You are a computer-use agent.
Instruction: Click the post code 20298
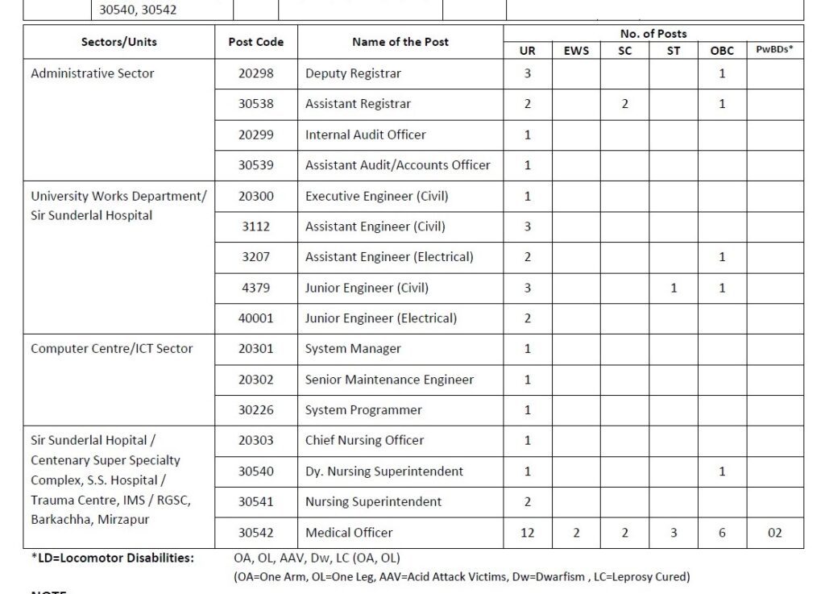tap(256, 73)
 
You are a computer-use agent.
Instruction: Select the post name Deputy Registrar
tap(353, 73)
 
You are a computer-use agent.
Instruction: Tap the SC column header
tap(625, 51)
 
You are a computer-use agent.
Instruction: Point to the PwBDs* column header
tap(775, 50)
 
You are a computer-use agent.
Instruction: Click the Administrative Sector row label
tap(93, 73)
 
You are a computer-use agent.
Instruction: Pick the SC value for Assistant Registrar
tap(625, 104)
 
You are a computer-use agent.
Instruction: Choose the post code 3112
tap(256, 226)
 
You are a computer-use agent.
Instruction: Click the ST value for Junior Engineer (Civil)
tap(674, 288)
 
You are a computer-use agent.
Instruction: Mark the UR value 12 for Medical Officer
tap(528, 533)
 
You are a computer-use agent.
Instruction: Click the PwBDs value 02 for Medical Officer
tap(775, 533)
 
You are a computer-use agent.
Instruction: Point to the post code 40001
tap(256, 318)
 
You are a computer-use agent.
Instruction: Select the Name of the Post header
tap(400, 42)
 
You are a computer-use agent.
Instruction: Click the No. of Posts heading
tap(653, 34)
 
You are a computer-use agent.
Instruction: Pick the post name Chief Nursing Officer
tap(365, 441)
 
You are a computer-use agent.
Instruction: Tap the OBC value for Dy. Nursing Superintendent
tap(722, 471)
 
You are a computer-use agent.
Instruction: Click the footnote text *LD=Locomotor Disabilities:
tap(113, 558)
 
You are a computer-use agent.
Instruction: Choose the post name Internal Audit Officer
tap(366, 135)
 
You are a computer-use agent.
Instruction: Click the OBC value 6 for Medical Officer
tap(722, 533)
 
